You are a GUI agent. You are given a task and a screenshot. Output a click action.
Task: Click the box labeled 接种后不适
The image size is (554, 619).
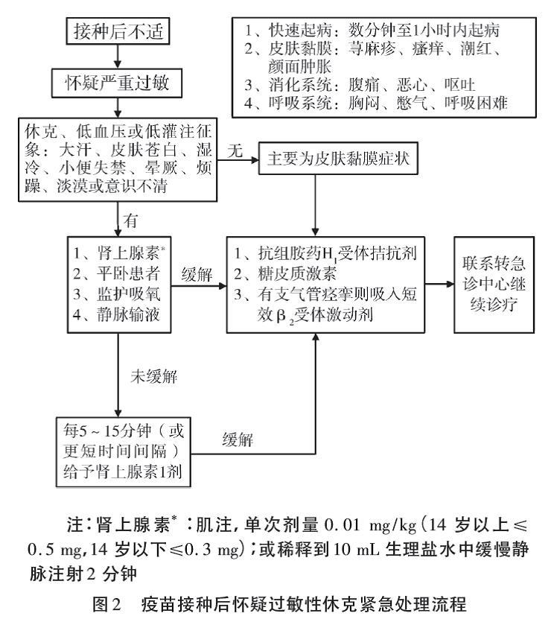coord(118,31)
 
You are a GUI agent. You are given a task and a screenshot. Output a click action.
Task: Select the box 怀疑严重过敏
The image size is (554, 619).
coord(117,83)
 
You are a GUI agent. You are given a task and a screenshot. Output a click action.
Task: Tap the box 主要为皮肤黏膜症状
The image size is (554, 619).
coord(338,159)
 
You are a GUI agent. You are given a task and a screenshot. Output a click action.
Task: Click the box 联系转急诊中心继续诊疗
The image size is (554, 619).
coord(494,285)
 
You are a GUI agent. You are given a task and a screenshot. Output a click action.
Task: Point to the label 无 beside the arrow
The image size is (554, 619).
coord(235,150)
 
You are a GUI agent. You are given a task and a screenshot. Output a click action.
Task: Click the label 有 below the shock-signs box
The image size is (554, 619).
coord(130,220)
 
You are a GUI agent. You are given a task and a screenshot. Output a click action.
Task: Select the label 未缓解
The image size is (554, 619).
coord(154,377)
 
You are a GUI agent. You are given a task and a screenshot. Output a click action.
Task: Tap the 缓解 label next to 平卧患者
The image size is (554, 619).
coord(197,274)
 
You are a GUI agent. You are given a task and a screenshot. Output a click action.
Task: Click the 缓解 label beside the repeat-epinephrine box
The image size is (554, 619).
coord(238,439)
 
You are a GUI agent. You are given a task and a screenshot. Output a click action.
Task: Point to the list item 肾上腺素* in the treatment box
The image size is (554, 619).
coord(119,253)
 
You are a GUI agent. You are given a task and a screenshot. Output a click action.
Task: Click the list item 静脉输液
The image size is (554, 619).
coord(116,314)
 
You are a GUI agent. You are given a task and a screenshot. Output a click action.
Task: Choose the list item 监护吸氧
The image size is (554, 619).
coord(116,294)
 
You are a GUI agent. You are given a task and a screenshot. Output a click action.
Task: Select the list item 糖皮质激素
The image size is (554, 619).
coord(285,273)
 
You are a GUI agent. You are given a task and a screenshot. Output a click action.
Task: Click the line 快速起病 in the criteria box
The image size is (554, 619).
coord(372,30)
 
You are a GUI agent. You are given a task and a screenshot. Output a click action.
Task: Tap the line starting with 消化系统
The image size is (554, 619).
coord(360,84)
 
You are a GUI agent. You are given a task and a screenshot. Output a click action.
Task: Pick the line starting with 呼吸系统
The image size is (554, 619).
coord(375,103)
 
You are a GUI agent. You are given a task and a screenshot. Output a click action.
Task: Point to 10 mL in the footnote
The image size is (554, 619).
coord(357,549)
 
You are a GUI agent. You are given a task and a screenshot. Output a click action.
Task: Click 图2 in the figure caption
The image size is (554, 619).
coord(106,603)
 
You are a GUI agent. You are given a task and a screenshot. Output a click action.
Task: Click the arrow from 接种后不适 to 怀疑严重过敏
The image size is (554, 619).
coord(118,57)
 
